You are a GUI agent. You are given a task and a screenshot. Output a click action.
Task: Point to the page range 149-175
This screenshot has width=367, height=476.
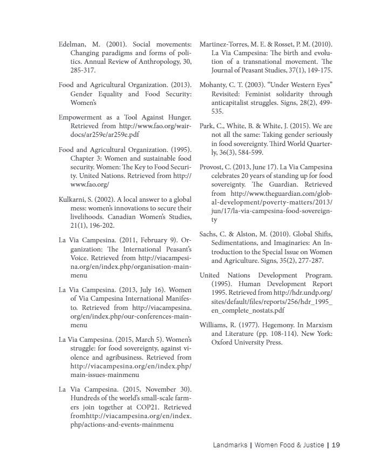tap(319, 71)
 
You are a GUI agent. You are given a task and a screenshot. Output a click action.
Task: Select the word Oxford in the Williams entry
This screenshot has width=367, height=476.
tap(222, 342)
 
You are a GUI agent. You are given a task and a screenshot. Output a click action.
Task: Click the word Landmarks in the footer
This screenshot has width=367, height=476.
tap(230, 446)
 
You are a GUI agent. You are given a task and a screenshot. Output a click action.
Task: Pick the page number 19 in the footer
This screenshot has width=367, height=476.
tap(336, 446)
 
